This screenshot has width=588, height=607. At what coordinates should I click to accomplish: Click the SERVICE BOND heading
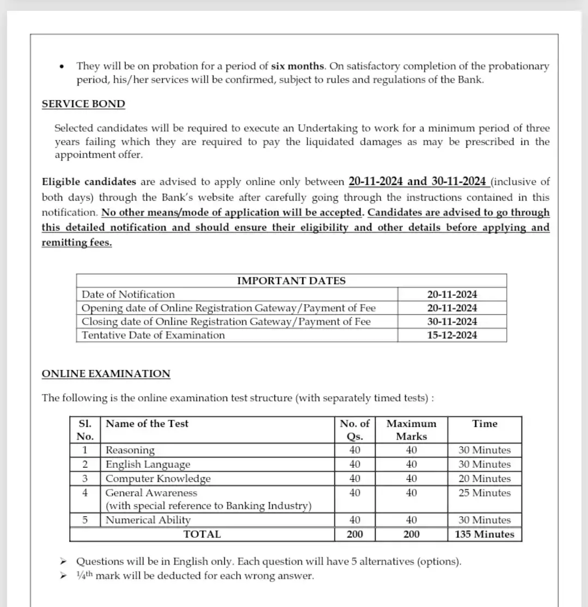(x=83, y=104)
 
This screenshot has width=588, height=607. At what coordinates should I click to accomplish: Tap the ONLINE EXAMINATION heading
(x=106, y=374)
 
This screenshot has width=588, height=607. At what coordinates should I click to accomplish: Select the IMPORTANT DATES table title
(x=291, y=281)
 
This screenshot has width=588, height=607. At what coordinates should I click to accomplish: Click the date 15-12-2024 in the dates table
(x=452, y=335)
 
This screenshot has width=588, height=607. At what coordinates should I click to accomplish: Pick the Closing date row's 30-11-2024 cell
(x=452, y=321)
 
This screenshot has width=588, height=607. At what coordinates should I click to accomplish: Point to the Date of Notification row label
(x=128, y=294)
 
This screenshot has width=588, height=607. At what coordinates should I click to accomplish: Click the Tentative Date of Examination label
(x=153, y=335)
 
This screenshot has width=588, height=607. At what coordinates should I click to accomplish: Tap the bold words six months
(x=298, y=66)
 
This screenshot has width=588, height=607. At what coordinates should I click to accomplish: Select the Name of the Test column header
(x=147, y=424)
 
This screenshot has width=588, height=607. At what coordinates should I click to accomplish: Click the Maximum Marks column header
(x=412, y=430)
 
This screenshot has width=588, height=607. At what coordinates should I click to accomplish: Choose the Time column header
(x=485, y=424)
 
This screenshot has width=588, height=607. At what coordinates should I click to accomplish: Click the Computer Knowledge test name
(x=158, y=479)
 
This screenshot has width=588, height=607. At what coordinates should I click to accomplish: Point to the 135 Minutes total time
(x=485, y=534)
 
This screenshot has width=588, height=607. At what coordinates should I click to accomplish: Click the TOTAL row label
(x=202, y=534)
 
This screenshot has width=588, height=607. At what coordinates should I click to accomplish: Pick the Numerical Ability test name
(x=148, y=520)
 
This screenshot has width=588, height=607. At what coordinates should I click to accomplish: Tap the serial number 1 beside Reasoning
(x=85, y=450)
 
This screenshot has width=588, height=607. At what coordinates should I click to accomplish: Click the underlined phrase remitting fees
(x=77, y=243)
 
